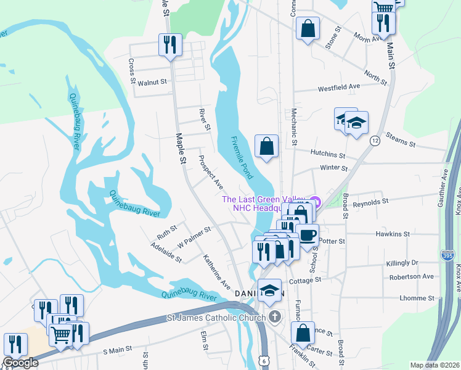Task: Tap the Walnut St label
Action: point(152,82)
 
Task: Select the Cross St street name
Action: point(132,71)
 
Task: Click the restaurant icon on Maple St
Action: point(169,44)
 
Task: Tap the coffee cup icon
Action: point(307,234)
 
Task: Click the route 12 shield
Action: point(375,141)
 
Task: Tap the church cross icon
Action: point(275,318)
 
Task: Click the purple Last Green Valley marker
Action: point(315,200)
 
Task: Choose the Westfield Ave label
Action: point(338,88)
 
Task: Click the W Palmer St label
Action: point(194,235)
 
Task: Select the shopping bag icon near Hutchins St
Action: point(267,147)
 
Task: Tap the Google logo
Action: point(20,363)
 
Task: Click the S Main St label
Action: point(118,350)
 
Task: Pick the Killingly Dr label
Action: point(402,263)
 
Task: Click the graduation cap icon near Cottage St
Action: point(269,290)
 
